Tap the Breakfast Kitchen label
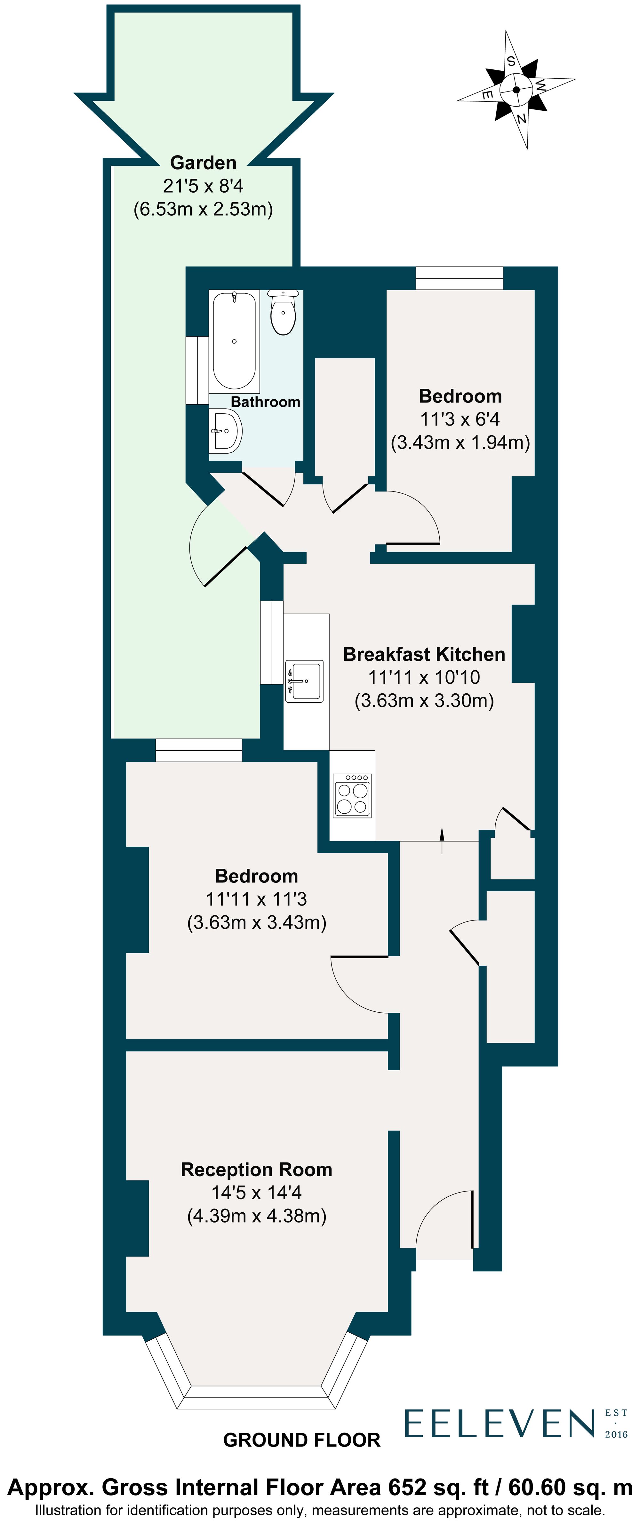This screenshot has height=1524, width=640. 424,654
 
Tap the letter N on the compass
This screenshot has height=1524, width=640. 521,119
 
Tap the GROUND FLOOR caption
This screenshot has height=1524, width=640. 302,1440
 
